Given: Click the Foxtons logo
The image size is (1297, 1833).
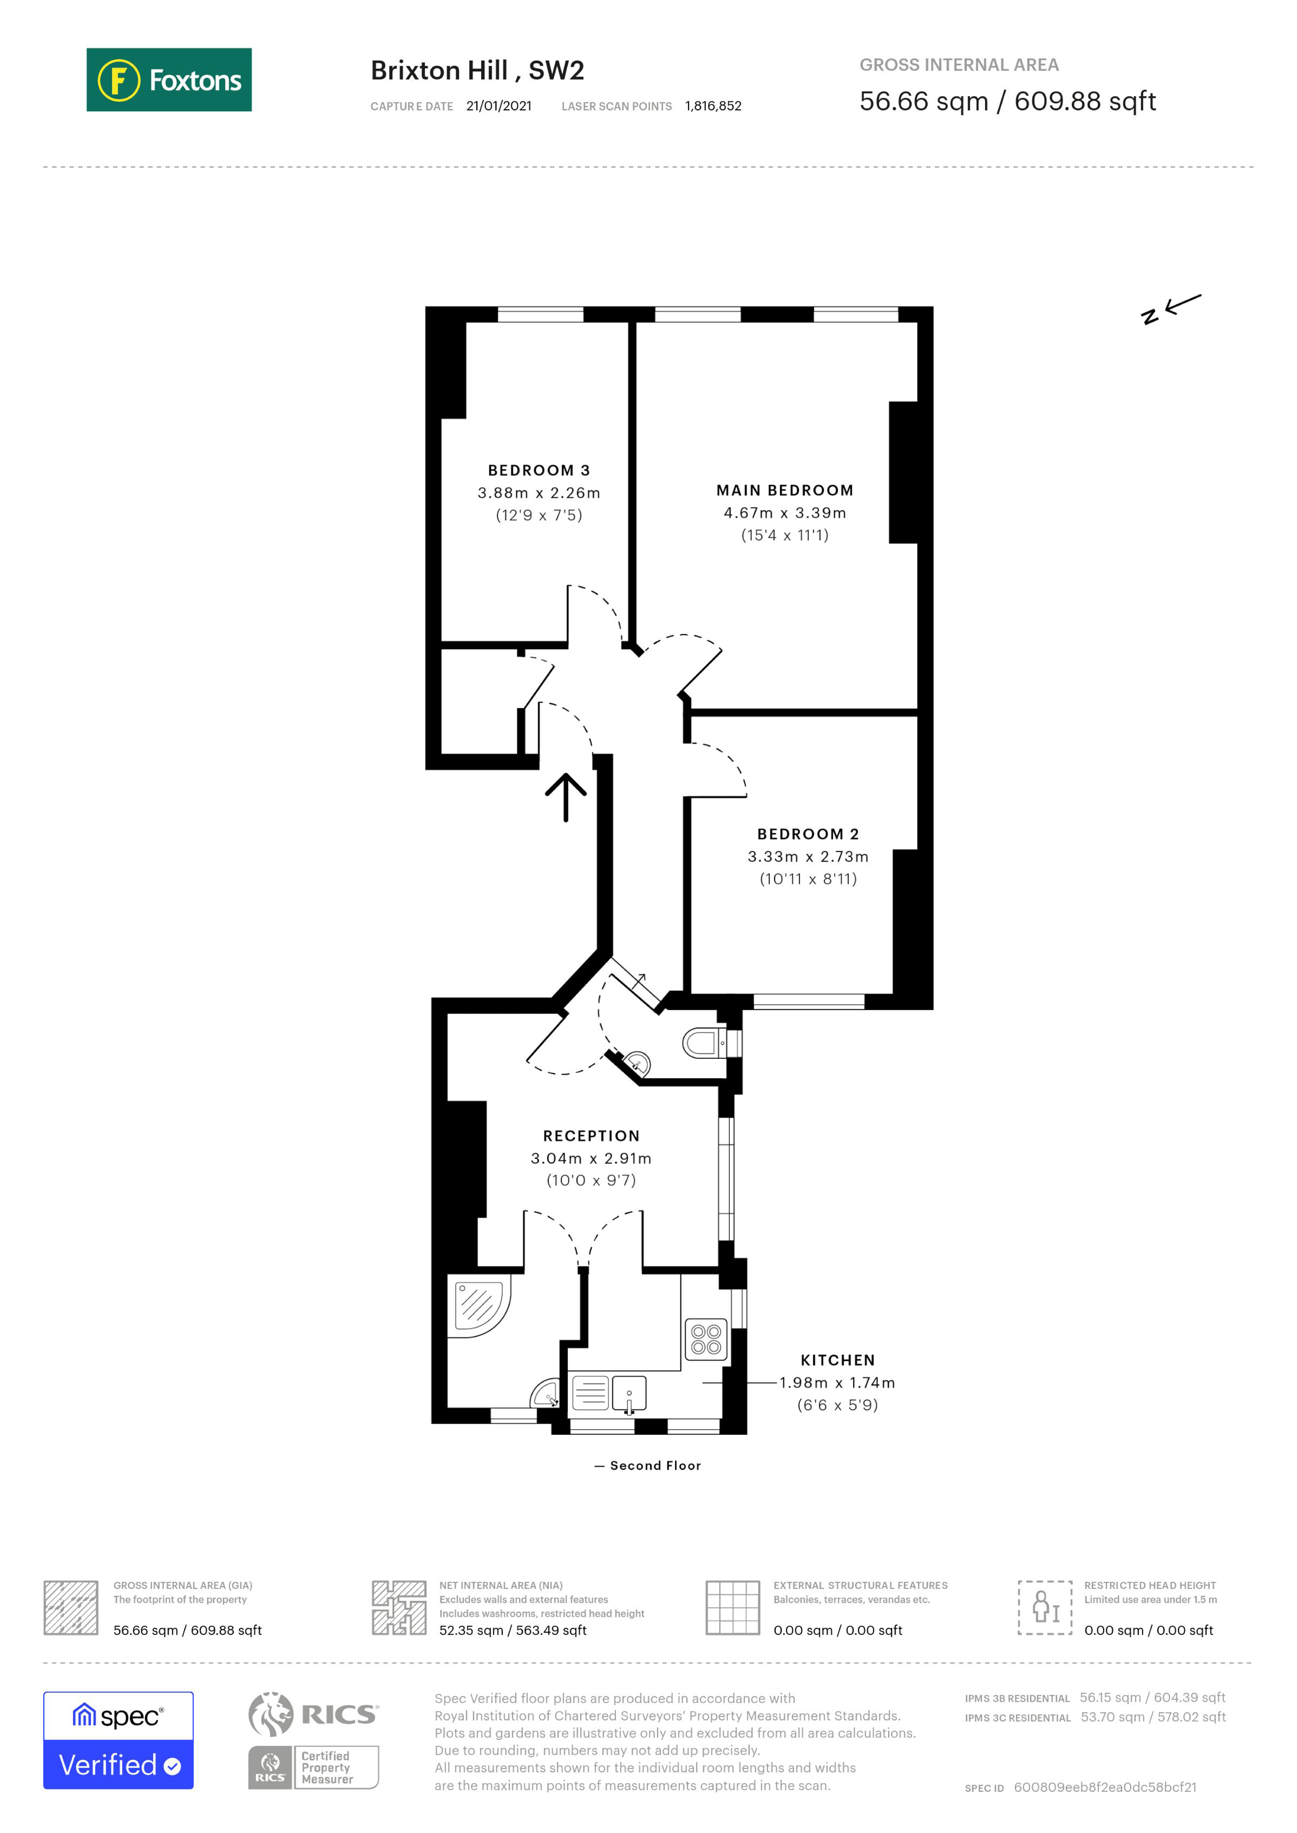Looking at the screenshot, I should (x=169, y=80).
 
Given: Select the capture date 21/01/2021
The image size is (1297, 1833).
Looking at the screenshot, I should (x=498, y=106).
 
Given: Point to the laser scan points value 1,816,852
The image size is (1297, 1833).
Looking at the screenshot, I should (x=712, y=106).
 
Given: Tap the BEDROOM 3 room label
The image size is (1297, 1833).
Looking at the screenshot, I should (x=538, y=470).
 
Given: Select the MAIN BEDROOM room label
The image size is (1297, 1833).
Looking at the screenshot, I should (x=784, y=490).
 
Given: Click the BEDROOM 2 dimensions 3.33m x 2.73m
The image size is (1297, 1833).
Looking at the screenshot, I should (x=808, y=857).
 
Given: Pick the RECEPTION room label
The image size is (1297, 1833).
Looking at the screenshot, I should (x=591, y=1136).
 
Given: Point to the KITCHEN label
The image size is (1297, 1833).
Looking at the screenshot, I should (x=837, y=1360).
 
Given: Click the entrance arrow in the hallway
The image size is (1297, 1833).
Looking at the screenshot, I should (x=565, y=797).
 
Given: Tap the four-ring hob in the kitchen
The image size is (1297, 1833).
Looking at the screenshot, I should (x=706, y=1339).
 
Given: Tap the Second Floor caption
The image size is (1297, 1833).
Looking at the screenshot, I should (x=655, y=1466).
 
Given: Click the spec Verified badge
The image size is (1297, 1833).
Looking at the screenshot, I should (x=118, y=1740).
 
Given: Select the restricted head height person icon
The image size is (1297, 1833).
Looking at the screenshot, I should (x=1044, y=1607).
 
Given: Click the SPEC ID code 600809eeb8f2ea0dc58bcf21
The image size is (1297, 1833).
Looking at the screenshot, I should (x=1105, y=1788).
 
